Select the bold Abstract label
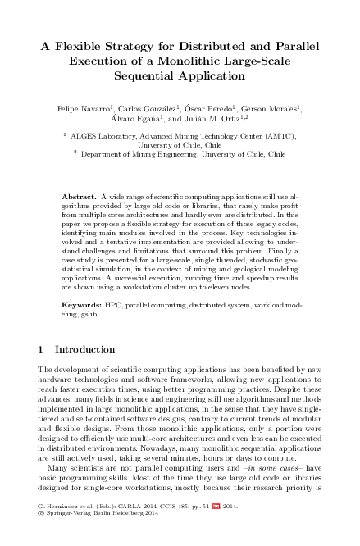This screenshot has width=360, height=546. point(79,198)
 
